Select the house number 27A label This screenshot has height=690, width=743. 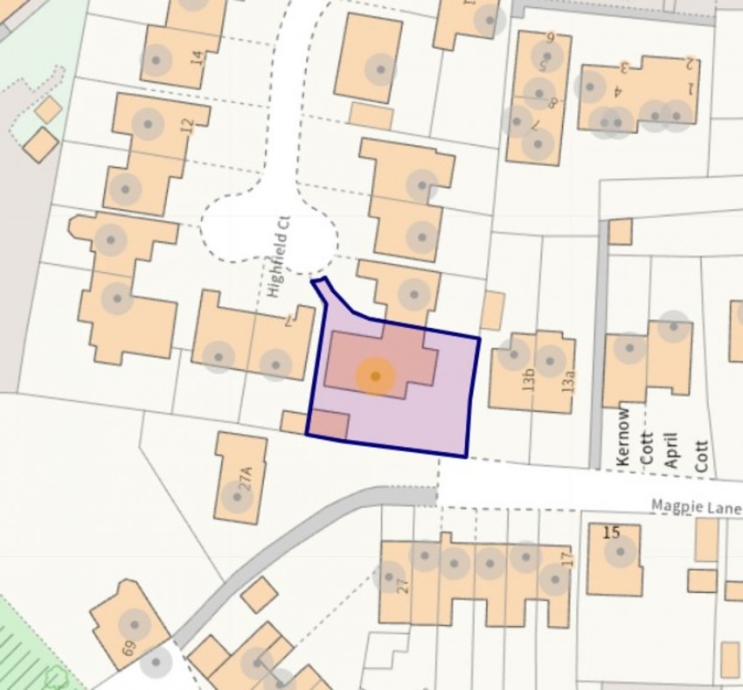point(247,479)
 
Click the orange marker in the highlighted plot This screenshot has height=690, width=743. point(375,376)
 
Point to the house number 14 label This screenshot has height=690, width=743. point(196,59)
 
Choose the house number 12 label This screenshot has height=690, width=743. point(185,125)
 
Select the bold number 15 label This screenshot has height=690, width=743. point(611,531)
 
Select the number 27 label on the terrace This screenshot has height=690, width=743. point(403,584)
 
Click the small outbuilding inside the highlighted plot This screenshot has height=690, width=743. point(329,423)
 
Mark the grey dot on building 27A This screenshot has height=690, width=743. point(234,497)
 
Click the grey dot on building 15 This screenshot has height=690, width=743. point(620,550)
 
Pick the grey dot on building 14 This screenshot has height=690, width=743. point(156,59)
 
